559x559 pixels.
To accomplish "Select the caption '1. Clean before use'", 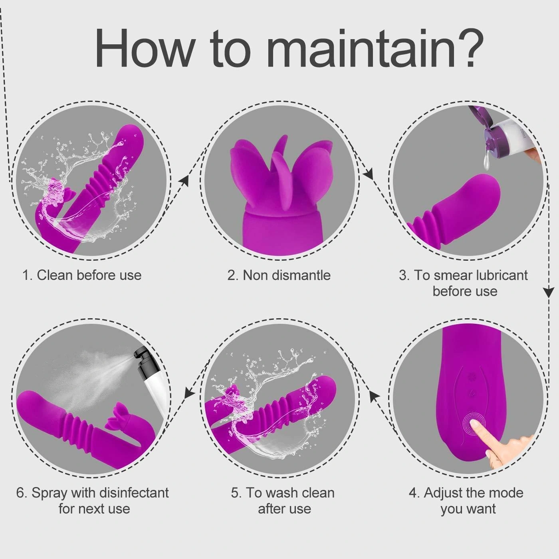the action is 82,275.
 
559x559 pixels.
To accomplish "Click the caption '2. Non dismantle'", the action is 279,275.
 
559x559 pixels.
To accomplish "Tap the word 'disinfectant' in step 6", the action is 134,493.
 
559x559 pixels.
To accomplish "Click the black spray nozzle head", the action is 143,361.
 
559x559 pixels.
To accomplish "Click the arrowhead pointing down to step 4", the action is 548,292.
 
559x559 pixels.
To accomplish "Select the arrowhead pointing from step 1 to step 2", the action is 184,180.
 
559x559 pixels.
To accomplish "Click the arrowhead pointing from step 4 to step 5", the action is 376,395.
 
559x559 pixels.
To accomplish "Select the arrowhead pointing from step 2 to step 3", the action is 368,174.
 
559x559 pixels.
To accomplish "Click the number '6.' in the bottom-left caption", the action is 22,493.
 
